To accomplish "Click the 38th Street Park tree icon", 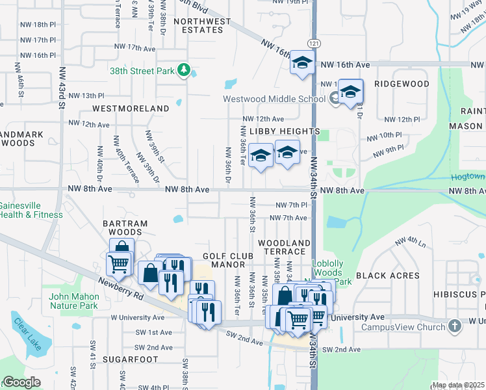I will click(x=184, y=70).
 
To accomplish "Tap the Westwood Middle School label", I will click(x=274, y=99).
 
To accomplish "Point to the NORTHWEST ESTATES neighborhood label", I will click(x=202, y=25).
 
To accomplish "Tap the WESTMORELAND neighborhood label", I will click(x=131, y=108).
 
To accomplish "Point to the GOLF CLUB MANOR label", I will click(x=224, y=260).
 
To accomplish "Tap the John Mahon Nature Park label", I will click(x=73, y=301).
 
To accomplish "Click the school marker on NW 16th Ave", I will click(x=301, y=62).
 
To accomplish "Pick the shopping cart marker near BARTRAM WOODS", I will click(x=118, y=263).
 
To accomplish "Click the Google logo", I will click(x=21, y=383).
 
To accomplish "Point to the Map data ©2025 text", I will click(x=458, y=385).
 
